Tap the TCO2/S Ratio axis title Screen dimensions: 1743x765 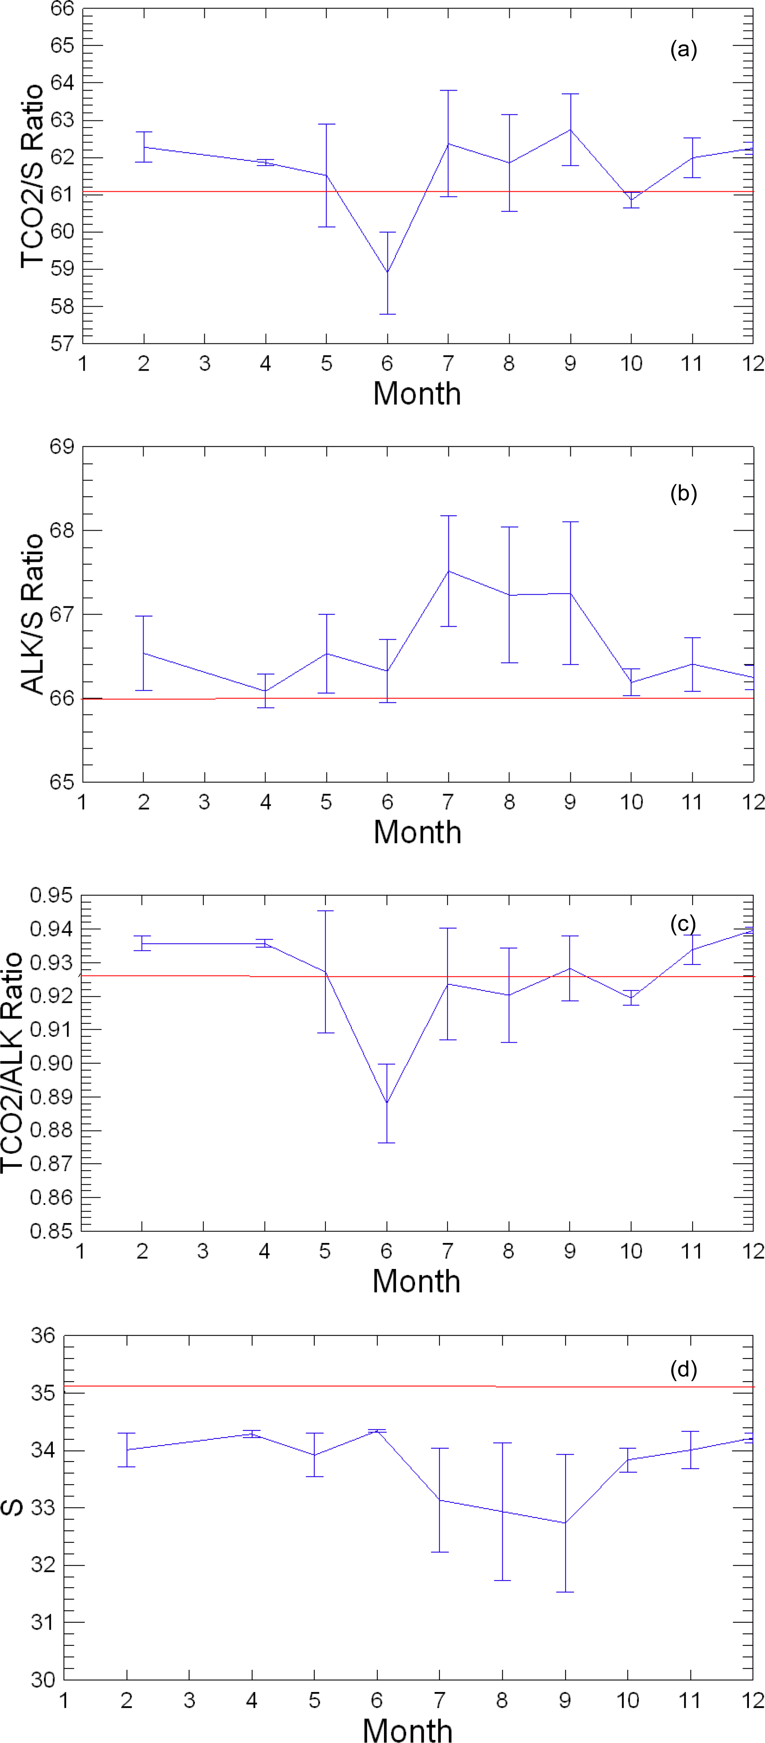(x=32, y=176)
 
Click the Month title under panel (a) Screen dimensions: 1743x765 (x=417, y=394)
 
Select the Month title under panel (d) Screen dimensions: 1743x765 (x=407, y=1730)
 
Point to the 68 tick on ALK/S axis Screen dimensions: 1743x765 (x=62, y=530)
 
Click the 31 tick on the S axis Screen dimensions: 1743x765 (x=43, y=1622)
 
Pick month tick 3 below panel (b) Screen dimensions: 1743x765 (x=204, y=803)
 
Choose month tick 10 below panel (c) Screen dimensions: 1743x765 (x=630, y=1251)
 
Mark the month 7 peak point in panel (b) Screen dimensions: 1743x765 (x=448, y=571)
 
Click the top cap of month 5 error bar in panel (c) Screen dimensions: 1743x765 (x=325, y=911)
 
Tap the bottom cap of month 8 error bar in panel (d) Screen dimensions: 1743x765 (x=502, y=1581)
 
